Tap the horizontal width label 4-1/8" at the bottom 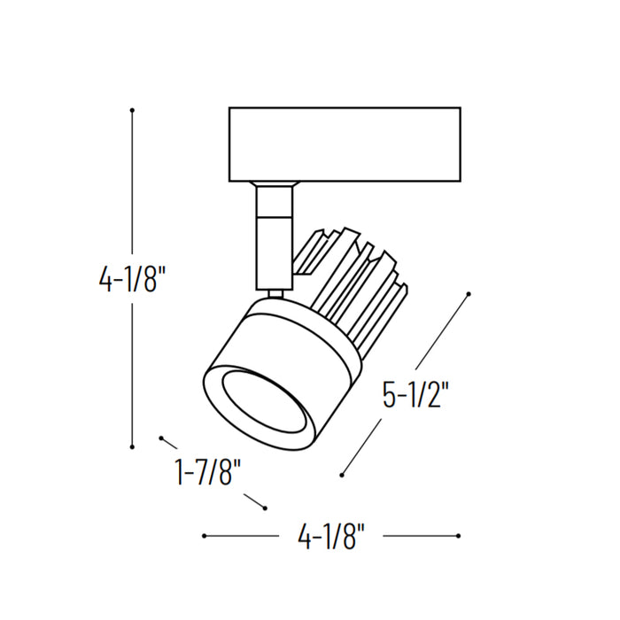(331, 537)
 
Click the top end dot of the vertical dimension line (132, 110)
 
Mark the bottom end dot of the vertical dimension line (132, 446)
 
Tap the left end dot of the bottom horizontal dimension (205, 536)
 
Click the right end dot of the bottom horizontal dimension (458, 536)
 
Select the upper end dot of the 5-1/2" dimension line (469, 293)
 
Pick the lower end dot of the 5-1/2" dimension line (343, 475)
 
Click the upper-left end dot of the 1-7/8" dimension (161, 438)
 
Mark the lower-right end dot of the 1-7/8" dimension (264, 508)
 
